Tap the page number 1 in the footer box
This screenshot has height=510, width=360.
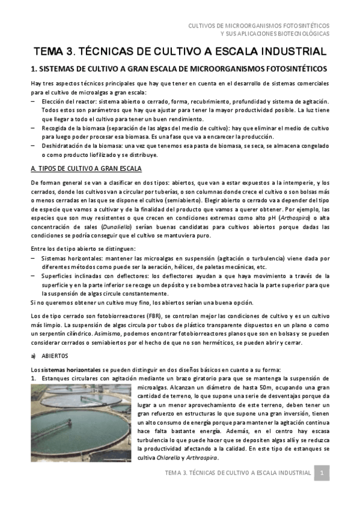pos(322,473)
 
